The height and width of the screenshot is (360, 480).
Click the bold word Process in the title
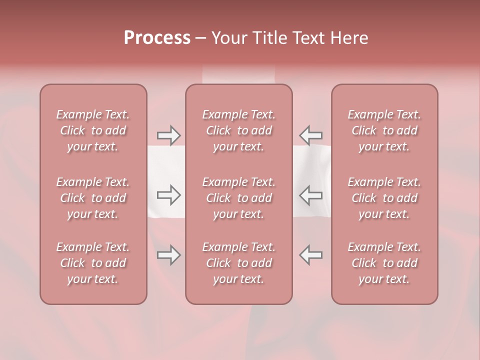(157, 38)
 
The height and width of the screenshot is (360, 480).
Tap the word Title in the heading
(269, 38)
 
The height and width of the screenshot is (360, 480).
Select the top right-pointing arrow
(168, 135)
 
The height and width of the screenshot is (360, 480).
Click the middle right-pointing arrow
(168, 195)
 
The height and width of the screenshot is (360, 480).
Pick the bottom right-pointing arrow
(168, 255)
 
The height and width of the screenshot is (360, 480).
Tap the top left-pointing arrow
(310, 135)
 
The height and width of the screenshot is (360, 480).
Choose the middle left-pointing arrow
(310, 195)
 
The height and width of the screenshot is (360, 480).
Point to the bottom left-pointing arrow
(310, 255)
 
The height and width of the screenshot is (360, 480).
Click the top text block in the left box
(93, 130)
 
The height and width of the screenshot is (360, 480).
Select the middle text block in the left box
(93, 198)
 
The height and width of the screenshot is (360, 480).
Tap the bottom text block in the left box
(93, 263)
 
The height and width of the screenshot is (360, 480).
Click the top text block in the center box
(239, 130)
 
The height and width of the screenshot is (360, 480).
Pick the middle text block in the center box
(239, 198)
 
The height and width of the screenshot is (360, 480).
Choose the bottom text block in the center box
(239, 263)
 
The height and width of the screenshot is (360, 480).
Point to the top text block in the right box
(384, 130)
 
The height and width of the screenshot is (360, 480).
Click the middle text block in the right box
(384, 198)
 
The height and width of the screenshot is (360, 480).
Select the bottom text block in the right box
(384, 263)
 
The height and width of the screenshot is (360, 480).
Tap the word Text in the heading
(308, 38)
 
